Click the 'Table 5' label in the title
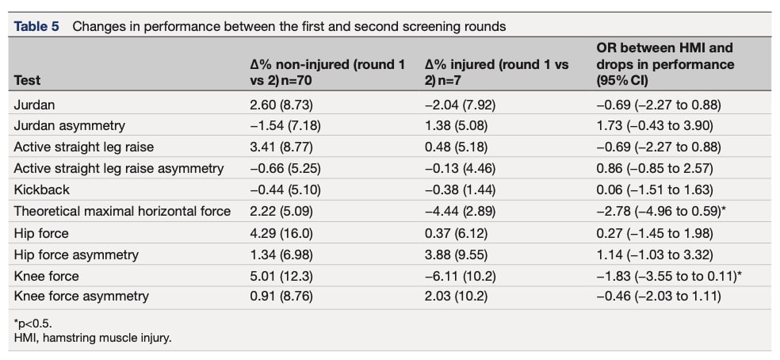click(x=36, y=26)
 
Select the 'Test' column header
click(x=27, y=80)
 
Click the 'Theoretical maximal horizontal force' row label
click(x=122, y=211)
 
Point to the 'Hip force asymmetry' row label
click(x=76, y=254)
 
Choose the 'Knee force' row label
click(x=46, y=275)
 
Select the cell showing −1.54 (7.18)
click(x=285, y=125)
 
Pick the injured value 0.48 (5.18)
click(x=456, y=147)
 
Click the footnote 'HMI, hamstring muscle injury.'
click(x=93, y=338)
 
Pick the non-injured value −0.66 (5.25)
click(x=285, y=168)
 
